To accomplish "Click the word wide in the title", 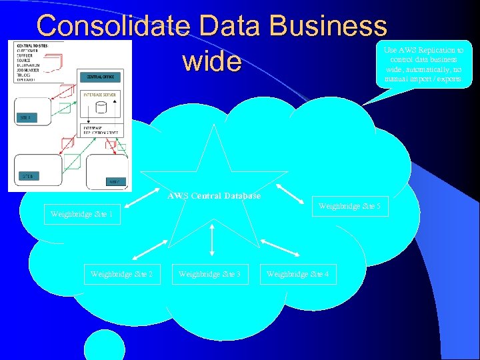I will tap(211, 61).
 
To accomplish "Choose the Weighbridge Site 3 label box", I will tap(210, 274).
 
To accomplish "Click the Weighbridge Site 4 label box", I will tap(298, 274).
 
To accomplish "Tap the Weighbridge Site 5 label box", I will tap(349, 206).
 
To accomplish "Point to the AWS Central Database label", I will tap(214, 196).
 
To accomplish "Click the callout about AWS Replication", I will tap(424, 64).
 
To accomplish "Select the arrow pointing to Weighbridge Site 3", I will tap(212, 239).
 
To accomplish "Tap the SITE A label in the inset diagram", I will tap(24, 117).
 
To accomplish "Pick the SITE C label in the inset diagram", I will tap(115, 181).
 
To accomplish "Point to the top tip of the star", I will tap(215, 125).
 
